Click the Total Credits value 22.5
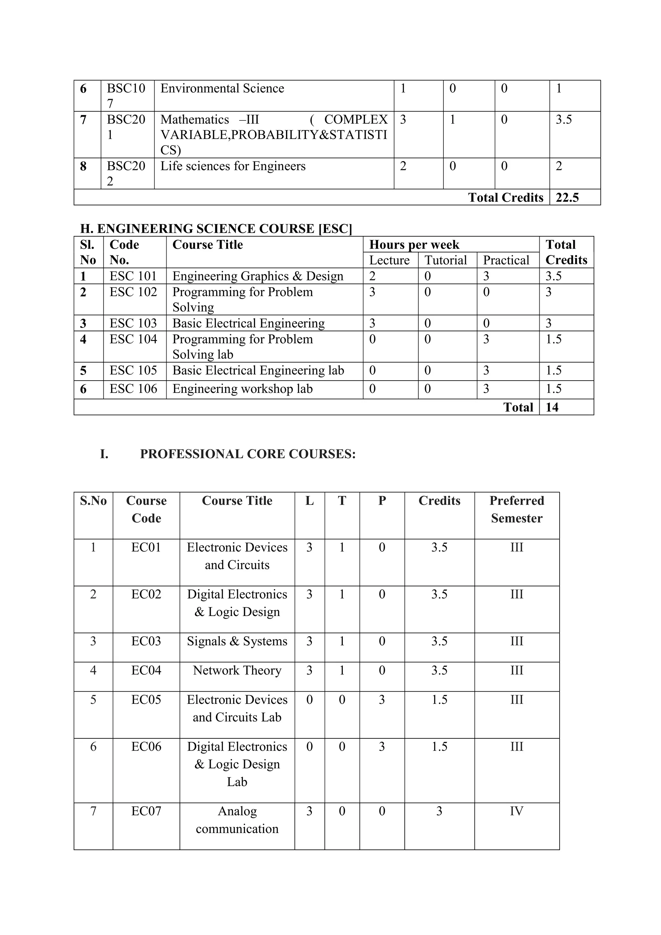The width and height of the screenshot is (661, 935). point(567,198)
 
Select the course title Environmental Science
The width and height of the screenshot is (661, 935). point(222,88)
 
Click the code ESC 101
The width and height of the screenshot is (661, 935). point(133,276)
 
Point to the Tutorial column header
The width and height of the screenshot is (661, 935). point(446,260)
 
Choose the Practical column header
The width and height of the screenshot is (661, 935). point(506,260)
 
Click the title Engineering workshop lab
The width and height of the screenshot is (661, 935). point(243,389)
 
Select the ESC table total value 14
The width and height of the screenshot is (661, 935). point(552,407)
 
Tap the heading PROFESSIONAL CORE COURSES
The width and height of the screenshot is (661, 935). point(248,454)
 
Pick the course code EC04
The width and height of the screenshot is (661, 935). point(146,670)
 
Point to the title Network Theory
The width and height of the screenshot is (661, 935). point(237,670)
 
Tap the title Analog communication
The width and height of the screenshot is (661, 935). point(237,820)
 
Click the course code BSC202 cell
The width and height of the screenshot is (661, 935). point(126,173)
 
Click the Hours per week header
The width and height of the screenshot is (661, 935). point(414,244)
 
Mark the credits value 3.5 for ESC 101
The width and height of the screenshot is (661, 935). point(554,276)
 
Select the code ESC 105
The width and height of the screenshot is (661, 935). point(133,371)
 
